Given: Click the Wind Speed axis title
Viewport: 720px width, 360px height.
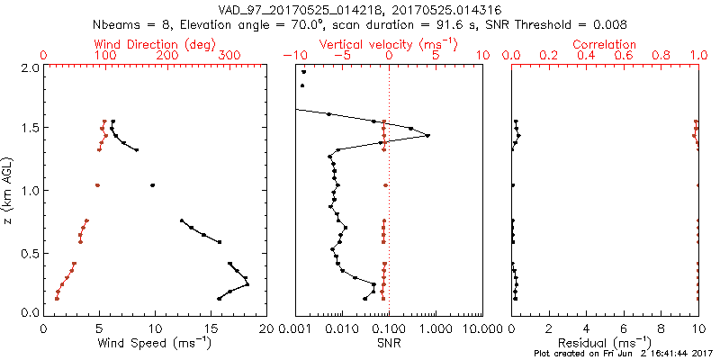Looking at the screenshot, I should tap(156, 342).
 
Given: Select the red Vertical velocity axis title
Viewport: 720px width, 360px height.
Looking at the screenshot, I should tap(388, 44).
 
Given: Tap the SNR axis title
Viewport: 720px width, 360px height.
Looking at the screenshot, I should tap(388, 342).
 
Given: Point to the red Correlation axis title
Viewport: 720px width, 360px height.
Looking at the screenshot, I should tap(605, 44).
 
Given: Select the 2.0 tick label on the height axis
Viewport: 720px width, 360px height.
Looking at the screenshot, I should tap(29, 68).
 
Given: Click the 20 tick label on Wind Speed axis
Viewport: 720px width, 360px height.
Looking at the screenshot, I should tap(265, 329).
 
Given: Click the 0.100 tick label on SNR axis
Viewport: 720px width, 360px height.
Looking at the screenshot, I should tap(389, 329).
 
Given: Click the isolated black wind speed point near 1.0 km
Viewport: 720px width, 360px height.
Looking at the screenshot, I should tap(152, 185).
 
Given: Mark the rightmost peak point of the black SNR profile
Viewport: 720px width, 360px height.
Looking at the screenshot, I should tap(427, 136).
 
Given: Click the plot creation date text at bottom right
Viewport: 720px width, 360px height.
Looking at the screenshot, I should tap(621, 355).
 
